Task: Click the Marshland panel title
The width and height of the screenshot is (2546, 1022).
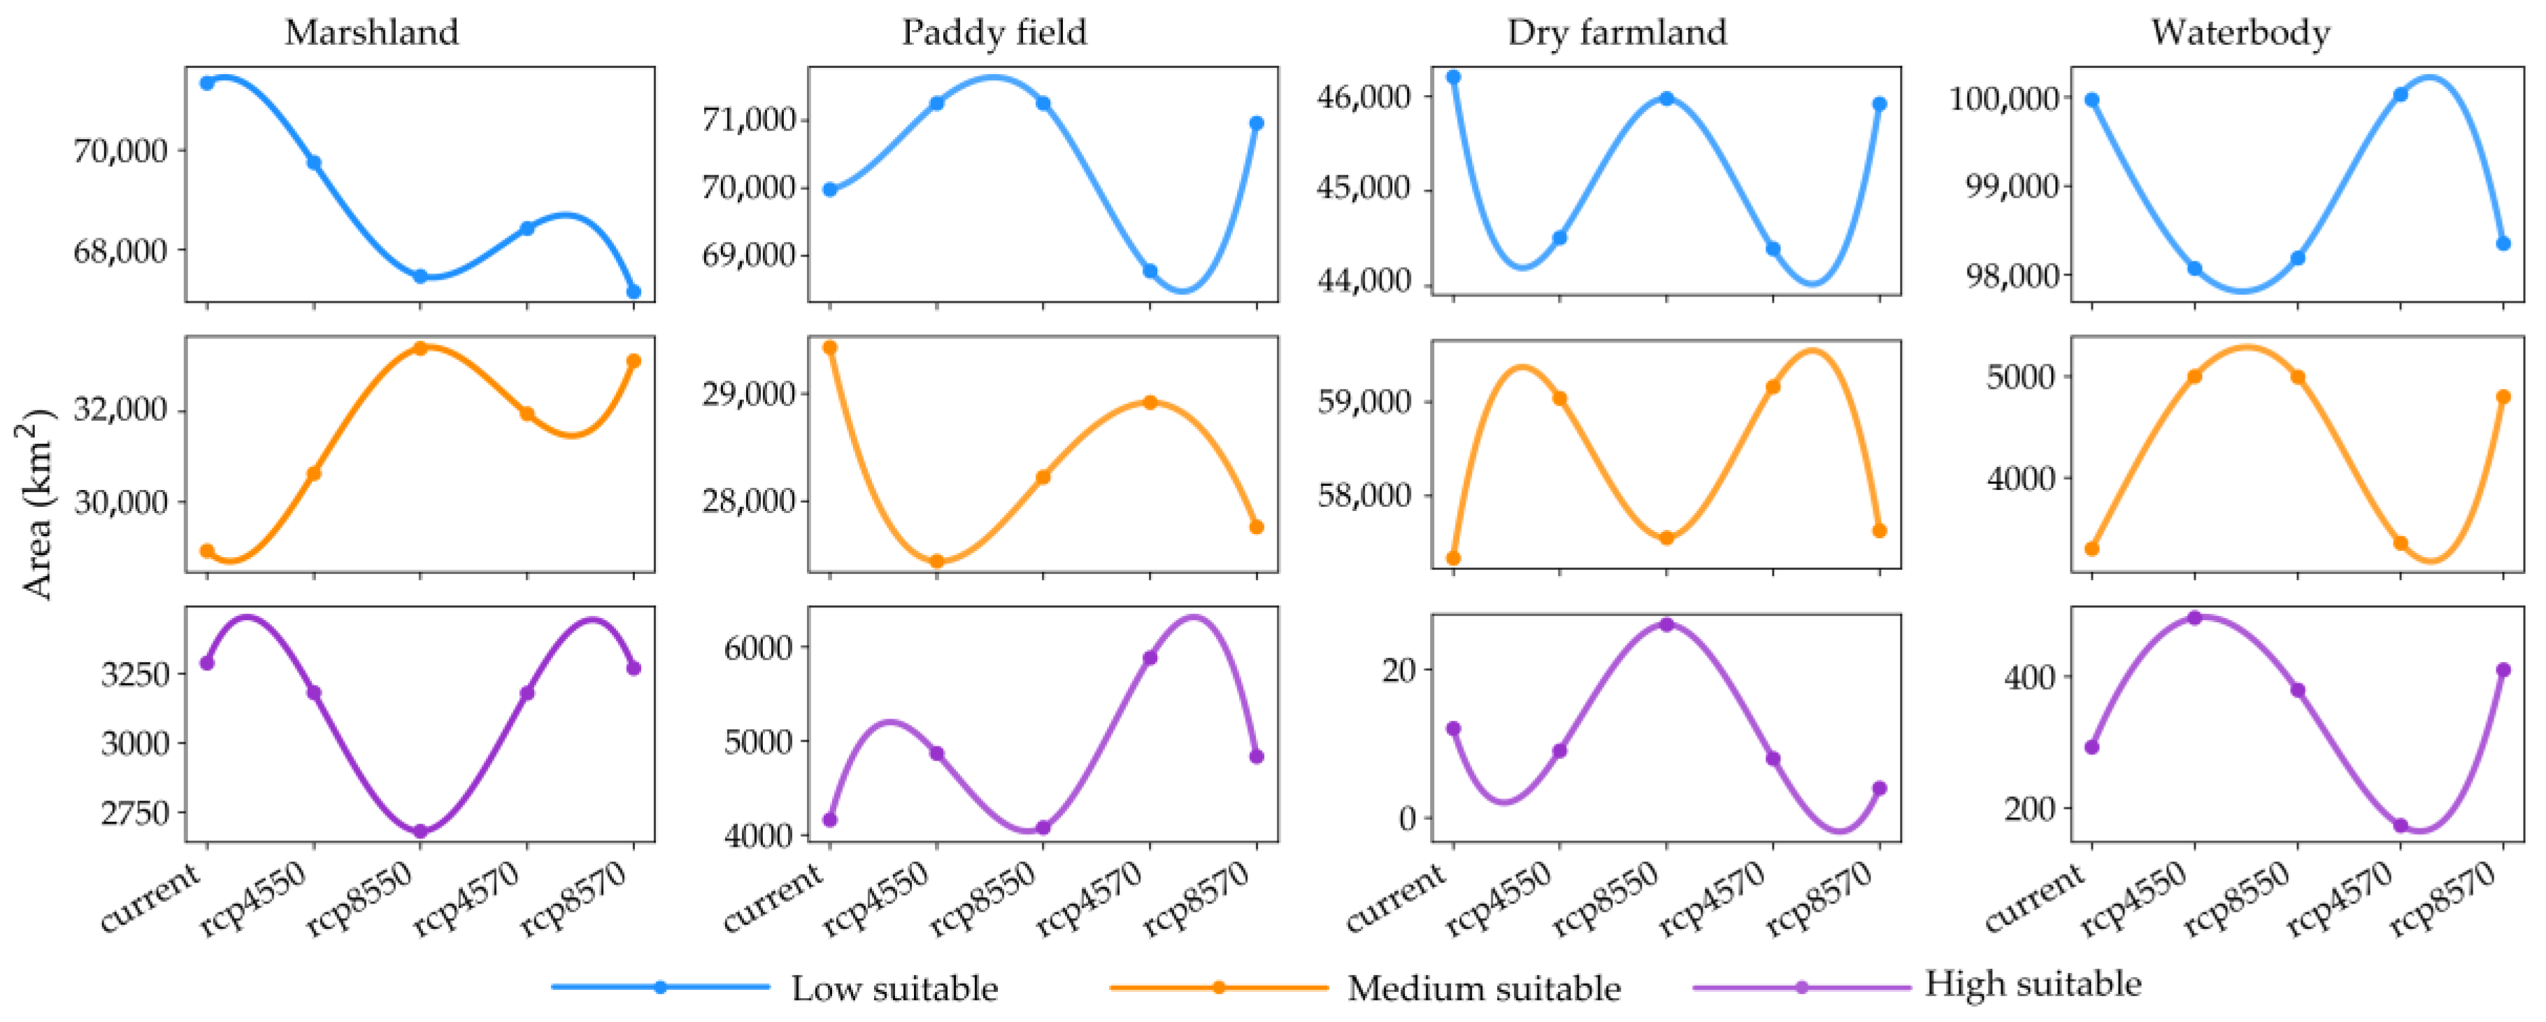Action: click(371, 33)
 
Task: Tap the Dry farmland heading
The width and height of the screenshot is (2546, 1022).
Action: click(1617, 33)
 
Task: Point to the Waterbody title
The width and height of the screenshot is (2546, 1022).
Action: click(2240, 33)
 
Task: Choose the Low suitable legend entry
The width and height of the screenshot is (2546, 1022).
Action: click(894, 988)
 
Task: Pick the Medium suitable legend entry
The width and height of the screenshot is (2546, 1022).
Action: click(1482, 988)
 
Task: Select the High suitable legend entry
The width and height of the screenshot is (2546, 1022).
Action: click(2032, 984)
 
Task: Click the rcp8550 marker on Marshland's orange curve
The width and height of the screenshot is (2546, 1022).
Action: click(420, 348)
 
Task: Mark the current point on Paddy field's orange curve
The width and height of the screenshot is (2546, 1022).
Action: click(830, 347)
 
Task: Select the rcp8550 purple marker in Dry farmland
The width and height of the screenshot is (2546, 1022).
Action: click(1666, 625)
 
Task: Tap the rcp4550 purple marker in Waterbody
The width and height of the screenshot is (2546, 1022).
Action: click(2195, 618)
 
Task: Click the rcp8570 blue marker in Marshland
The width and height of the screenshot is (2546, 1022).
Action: click(634, 292)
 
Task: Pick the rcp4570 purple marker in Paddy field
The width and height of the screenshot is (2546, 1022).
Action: click(1150, 657)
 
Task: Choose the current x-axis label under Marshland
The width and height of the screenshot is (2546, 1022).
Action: click(153, 898)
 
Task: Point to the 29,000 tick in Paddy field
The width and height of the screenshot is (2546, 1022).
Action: click(748, 394)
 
